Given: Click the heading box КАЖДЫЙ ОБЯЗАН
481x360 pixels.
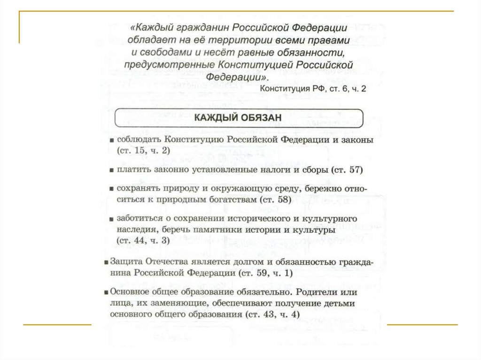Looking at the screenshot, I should (239, 118).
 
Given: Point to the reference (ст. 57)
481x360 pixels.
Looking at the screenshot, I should (348, 169).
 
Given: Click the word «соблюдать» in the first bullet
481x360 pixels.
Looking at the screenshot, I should (139, 140).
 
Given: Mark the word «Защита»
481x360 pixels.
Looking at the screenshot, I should (123, 262).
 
